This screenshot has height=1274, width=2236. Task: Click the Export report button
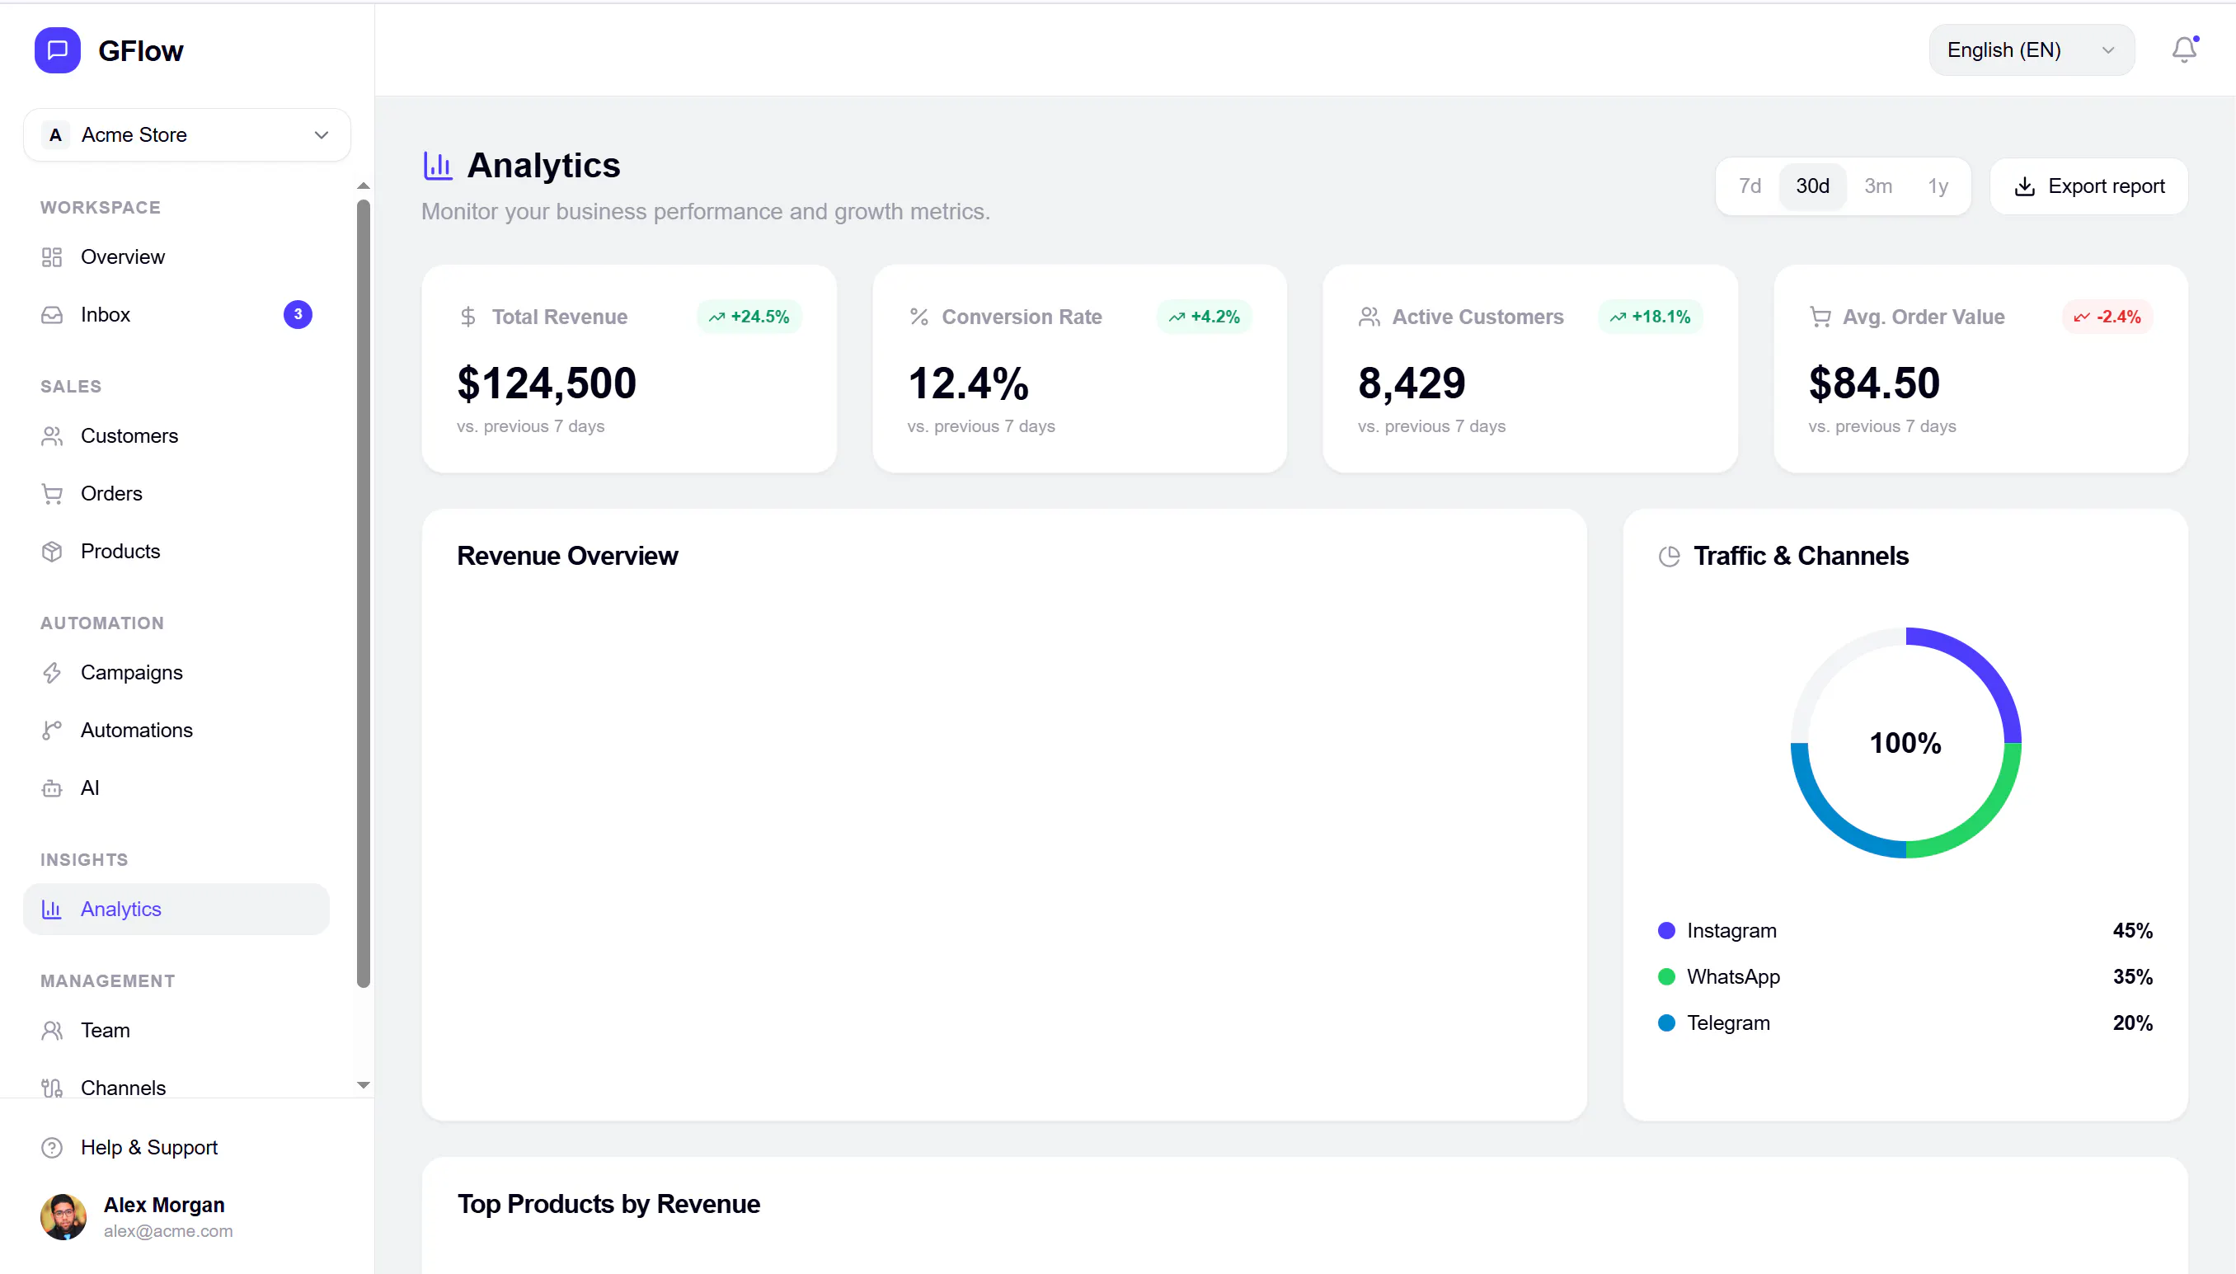click(2088, 186)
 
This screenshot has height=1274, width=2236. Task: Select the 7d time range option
click(1749, 186)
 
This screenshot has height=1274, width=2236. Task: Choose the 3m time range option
click(1877, 186)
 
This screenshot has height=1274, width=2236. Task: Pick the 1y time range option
click(1938, 186)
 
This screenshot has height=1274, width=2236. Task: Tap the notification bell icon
click(2183, 49)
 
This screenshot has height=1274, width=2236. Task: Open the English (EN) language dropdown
click(2031, 49)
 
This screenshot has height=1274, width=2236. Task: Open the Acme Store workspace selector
click(187, 134)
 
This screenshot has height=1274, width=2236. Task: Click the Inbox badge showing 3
click(298, 314)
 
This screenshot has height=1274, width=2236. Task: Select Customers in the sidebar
click(129, 435)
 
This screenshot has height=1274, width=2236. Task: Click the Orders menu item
click(111, 493)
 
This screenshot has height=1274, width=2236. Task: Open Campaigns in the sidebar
click(131, 673)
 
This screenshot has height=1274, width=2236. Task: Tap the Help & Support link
click(148, 1147)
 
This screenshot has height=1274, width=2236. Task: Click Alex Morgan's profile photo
click(63, 1217)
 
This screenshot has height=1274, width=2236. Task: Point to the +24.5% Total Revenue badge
click(749, 317)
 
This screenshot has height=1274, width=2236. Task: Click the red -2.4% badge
click(2107, 317)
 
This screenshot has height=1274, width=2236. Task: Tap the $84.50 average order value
click(1874, 383)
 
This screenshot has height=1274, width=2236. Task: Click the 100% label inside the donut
click(1905, 743)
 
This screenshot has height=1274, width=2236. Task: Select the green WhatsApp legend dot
click(1665, 976)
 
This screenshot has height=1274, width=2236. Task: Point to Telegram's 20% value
click(2132, 1022)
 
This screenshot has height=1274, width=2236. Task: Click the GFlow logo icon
click(58, 51)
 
